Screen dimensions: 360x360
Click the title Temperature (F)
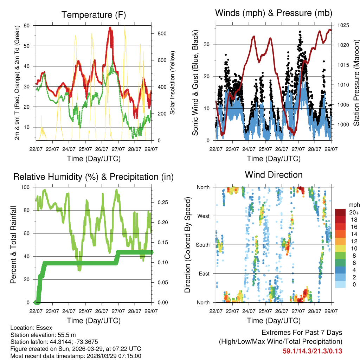pos(94,15)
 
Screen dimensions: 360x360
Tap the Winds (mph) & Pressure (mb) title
pos(274,13)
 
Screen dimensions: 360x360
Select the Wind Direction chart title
pos(274,175)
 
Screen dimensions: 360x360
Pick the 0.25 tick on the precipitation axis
pos(160,202)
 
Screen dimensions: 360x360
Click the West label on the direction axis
pos(203,216)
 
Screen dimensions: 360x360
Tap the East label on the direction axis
pos(204,274)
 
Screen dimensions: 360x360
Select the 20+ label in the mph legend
pos(354,212)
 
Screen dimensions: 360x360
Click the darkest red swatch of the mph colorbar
pos(340,212)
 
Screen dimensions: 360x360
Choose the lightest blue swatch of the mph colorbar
pos(340,285)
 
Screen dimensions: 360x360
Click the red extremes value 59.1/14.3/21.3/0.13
pos(313,351)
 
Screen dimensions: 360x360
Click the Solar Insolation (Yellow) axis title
pos(172,83)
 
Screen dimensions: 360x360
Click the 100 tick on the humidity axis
pos(26,187)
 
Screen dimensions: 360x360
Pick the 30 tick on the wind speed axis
pos(208,44)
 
